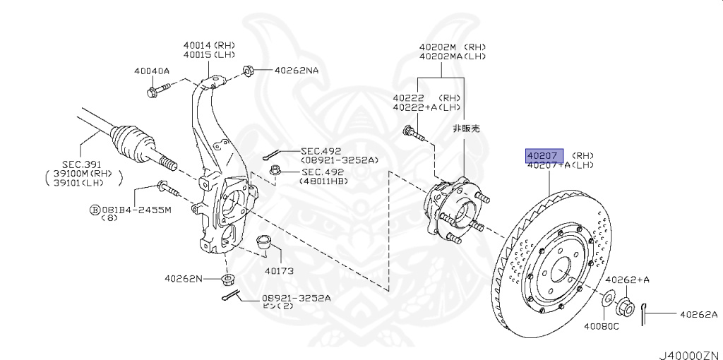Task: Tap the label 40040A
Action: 152,71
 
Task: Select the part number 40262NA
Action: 297,71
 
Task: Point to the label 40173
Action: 278,270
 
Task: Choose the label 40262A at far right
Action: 698,315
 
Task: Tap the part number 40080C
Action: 601,326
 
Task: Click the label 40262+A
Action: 627,280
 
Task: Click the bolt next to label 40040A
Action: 159,90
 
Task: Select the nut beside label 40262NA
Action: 249,71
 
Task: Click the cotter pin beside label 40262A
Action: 645,316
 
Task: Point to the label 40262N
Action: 183,279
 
